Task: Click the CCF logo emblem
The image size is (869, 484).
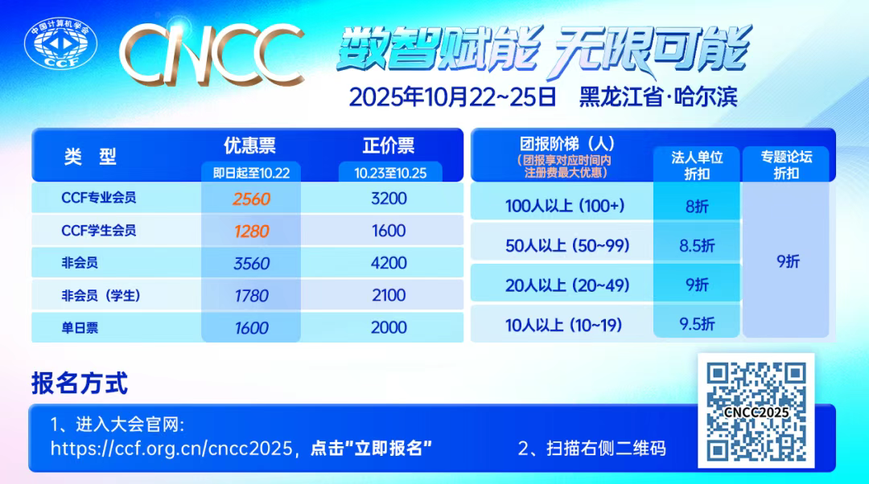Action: tap(60, 47)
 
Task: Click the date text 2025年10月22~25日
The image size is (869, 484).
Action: tap(452, 97)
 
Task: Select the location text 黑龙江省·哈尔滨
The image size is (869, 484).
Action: tap(657, 97)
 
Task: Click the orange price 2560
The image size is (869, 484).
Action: tap(251, 199)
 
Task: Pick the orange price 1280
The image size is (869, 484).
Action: tap(251, 232)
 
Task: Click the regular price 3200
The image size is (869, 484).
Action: tap(389, 199)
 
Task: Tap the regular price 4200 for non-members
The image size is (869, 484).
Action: tap(389, 263)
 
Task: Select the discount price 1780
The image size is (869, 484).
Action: tap(251, 296)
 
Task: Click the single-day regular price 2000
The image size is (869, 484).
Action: tap(389, 328)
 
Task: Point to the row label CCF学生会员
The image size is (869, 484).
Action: tap(99, 231)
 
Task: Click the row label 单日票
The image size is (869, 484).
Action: tap(80, 328)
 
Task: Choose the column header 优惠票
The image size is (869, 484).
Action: tap(249, 146)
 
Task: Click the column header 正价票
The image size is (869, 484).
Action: tap(389, 146)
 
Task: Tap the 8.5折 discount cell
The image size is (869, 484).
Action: tap(697, 246)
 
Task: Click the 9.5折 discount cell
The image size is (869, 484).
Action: tap(697, 324)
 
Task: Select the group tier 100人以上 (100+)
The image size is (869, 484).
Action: tap(565, 206)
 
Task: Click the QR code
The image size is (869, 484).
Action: tap(756, 411)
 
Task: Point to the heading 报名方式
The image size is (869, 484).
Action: tap(80, 383)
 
